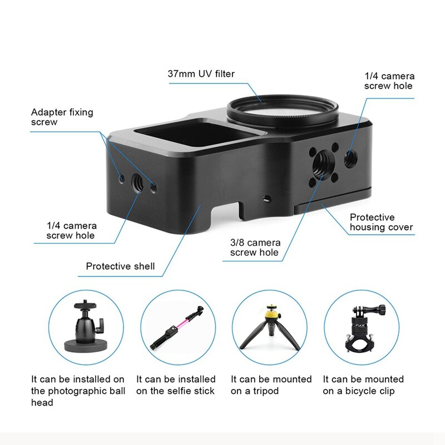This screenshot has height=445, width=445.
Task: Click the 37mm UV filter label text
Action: (201, 74)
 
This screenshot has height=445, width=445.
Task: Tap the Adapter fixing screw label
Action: (62, 117)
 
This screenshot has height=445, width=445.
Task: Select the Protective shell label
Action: (120, 266)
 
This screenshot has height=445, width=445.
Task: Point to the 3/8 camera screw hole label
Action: (255, 248)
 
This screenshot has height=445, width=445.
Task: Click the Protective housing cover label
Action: (381, 222)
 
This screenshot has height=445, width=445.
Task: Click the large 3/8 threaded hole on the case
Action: (323, 163)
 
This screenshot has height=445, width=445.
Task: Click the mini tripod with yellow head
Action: (270, 327)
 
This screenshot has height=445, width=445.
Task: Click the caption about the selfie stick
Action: (176, 385)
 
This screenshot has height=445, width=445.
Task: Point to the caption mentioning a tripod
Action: (271, 385)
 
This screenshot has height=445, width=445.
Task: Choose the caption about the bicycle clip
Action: (363, 385)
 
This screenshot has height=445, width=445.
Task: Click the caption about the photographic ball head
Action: (78, 391)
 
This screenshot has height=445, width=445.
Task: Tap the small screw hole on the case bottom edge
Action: (267, 199)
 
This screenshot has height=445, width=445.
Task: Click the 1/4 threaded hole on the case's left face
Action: (138, 183)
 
